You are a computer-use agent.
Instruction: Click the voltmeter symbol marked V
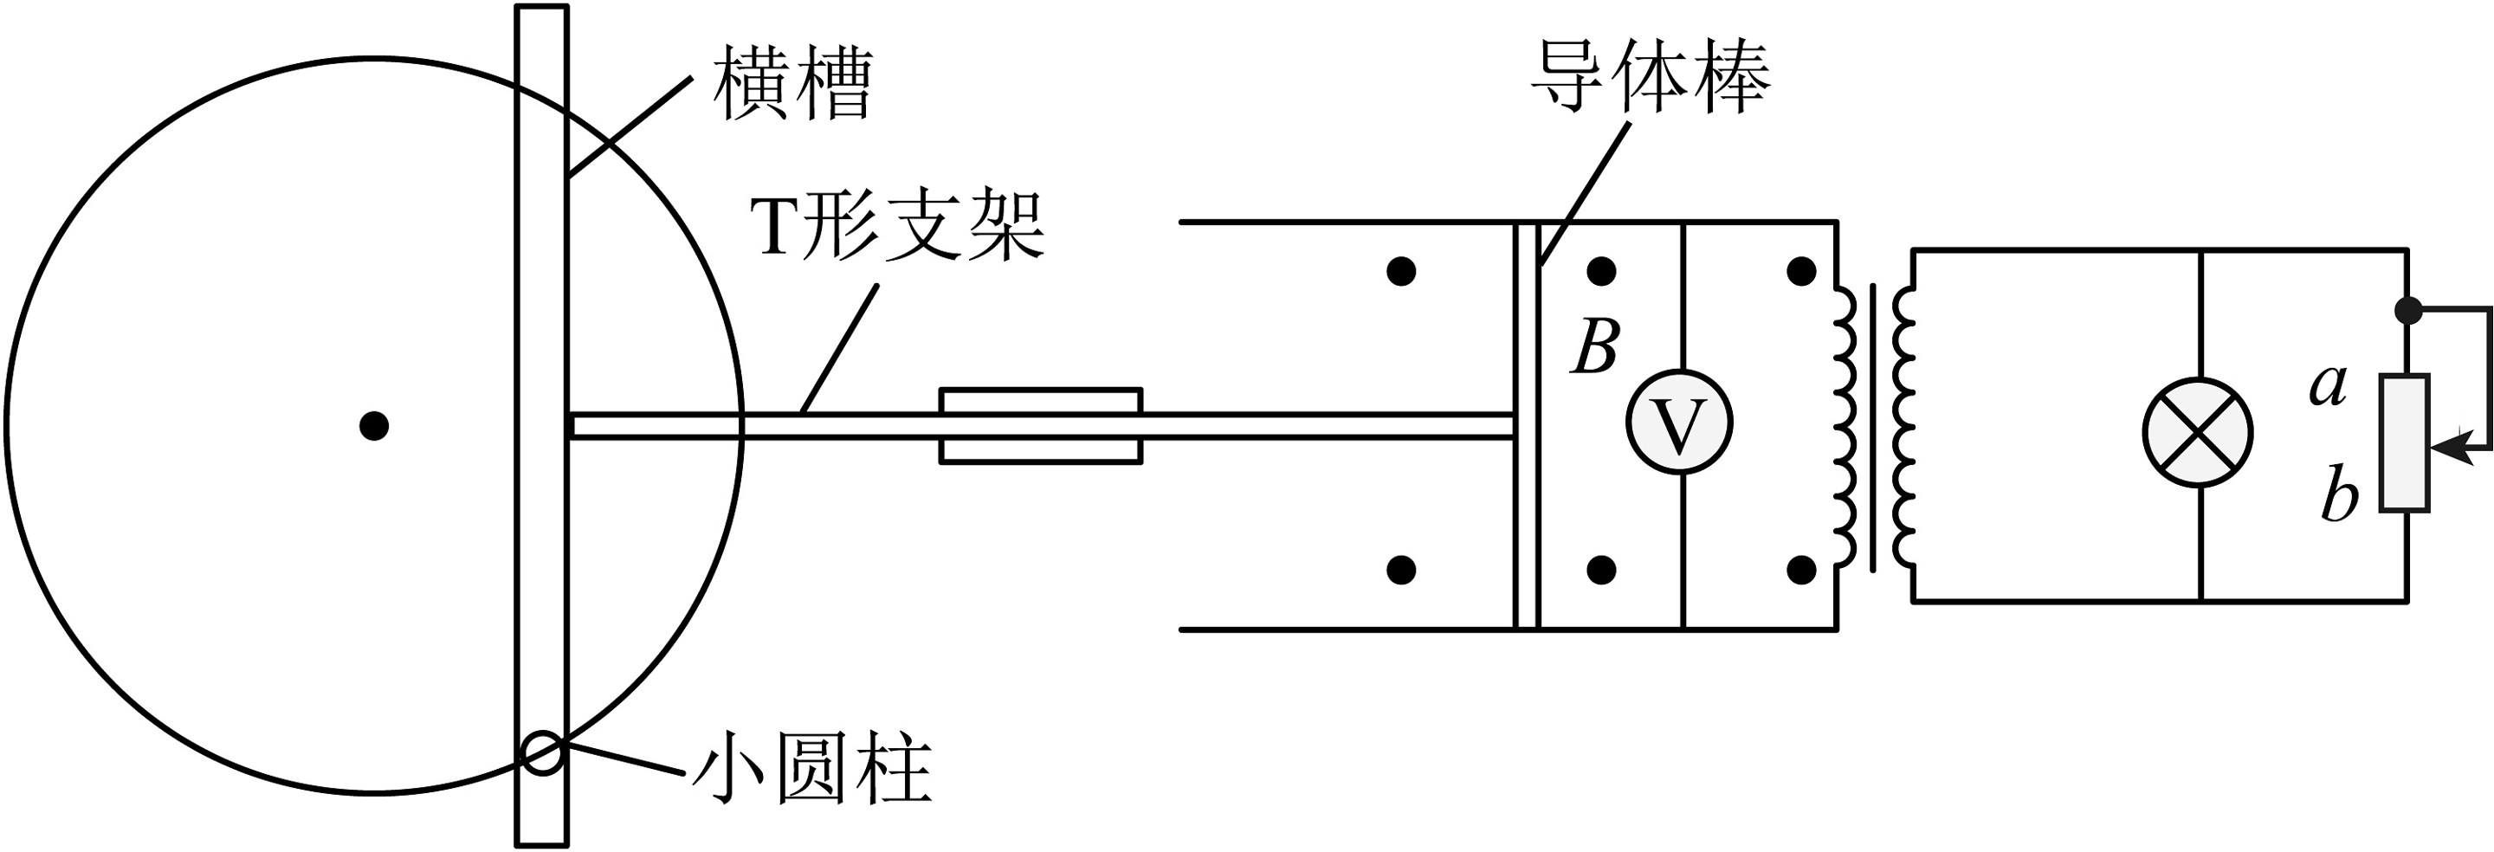[1679, 421]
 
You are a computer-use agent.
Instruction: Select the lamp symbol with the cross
[2198, 433]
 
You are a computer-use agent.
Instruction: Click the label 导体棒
[1650, 77]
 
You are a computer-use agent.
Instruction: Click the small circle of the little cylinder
[542, 752]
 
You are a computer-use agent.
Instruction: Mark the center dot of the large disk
[374, 425]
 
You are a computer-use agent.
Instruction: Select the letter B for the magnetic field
[1594, 345]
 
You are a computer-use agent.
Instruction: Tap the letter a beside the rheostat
[2329, 384]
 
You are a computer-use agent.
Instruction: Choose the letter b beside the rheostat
[2340, 498]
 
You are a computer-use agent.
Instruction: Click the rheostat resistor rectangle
[2406, 442]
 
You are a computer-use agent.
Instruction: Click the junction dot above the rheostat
[2407, 311]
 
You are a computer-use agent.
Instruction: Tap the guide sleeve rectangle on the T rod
[1041, 426]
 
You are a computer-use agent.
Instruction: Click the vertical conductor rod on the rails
[1526, 426]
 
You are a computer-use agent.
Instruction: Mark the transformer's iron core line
[1873, 426]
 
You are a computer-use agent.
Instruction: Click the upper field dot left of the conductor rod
[1401, 271]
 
